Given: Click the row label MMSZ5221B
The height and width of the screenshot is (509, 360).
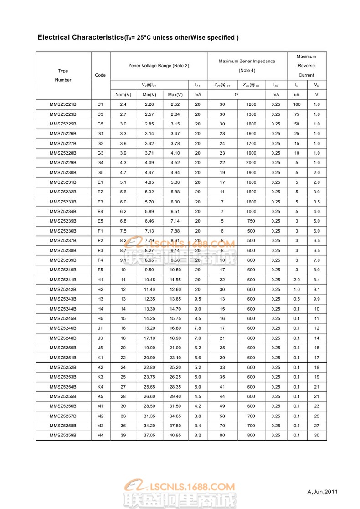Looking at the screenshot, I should click(63, 104).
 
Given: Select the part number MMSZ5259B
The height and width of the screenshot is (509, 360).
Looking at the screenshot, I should click(63, 435).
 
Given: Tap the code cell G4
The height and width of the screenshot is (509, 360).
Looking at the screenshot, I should click(101, 163).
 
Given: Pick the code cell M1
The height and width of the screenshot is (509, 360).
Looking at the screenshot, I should click(101, 406).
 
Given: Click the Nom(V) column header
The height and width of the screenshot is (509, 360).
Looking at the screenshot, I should click(123, 95).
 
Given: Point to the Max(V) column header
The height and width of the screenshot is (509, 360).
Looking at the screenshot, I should click(175, 95).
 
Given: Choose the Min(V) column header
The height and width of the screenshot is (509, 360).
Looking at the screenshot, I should click(149, 95).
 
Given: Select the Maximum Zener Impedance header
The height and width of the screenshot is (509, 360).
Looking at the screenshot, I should click(247, 61).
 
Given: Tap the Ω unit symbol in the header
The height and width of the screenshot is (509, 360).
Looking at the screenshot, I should click(236, 95).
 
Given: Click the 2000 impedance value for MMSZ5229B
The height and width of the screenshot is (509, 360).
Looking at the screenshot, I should click(251, 163).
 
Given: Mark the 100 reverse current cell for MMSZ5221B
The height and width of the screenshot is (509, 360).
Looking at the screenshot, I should click(297, 104).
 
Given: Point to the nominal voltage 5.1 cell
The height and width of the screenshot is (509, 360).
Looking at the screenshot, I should click(123, 182).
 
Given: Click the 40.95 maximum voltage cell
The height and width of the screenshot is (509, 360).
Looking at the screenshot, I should click(175, 435).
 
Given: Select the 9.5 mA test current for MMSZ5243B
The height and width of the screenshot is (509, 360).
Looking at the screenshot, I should click(198, 299).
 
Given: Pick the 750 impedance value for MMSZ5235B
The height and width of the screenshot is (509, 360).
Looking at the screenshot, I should click(251, 221).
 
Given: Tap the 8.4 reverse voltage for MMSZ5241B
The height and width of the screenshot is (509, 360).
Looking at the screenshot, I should click(317, 280).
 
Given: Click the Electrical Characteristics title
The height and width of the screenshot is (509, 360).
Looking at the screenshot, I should click(81, 37).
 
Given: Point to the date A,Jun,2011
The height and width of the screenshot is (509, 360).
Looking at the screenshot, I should click(323, 492).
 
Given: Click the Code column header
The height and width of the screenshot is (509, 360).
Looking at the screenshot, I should click(100, 75).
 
